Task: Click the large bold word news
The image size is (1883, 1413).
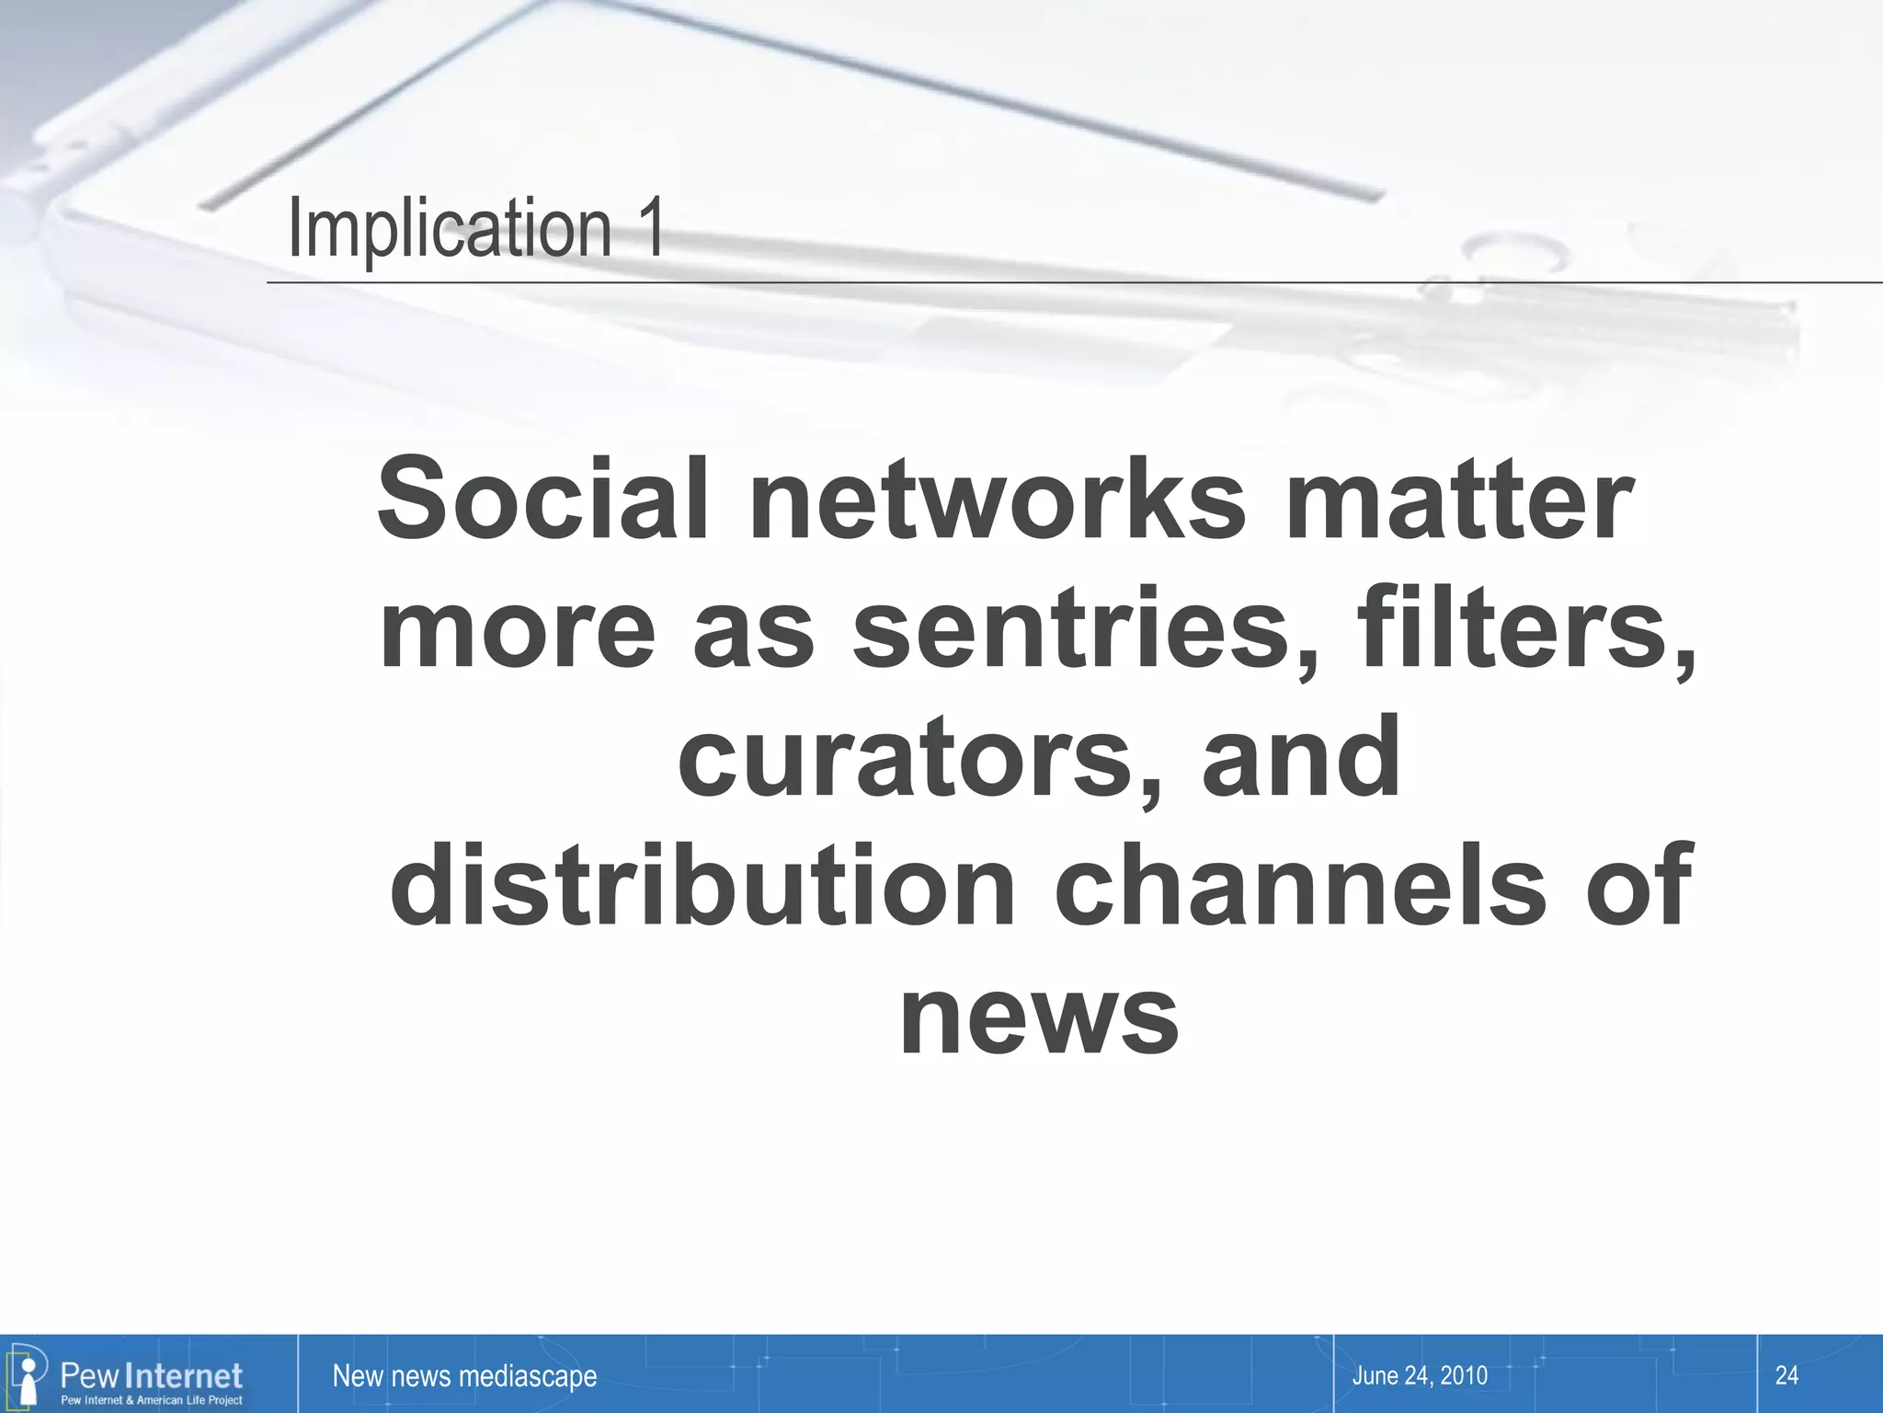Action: point(1039,1017)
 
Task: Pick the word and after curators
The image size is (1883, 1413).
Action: point(1301,759)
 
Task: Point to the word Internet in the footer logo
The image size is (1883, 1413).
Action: point(183,1375)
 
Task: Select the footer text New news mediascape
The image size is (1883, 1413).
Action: point(464,1376)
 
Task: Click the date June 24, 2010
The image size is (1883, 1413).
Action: point(1420,1376)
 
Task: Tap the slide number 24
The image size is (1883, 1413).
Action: point(1786,1376)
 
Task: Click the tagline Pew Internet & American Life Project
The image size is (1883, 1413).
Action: point(152,1400)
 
